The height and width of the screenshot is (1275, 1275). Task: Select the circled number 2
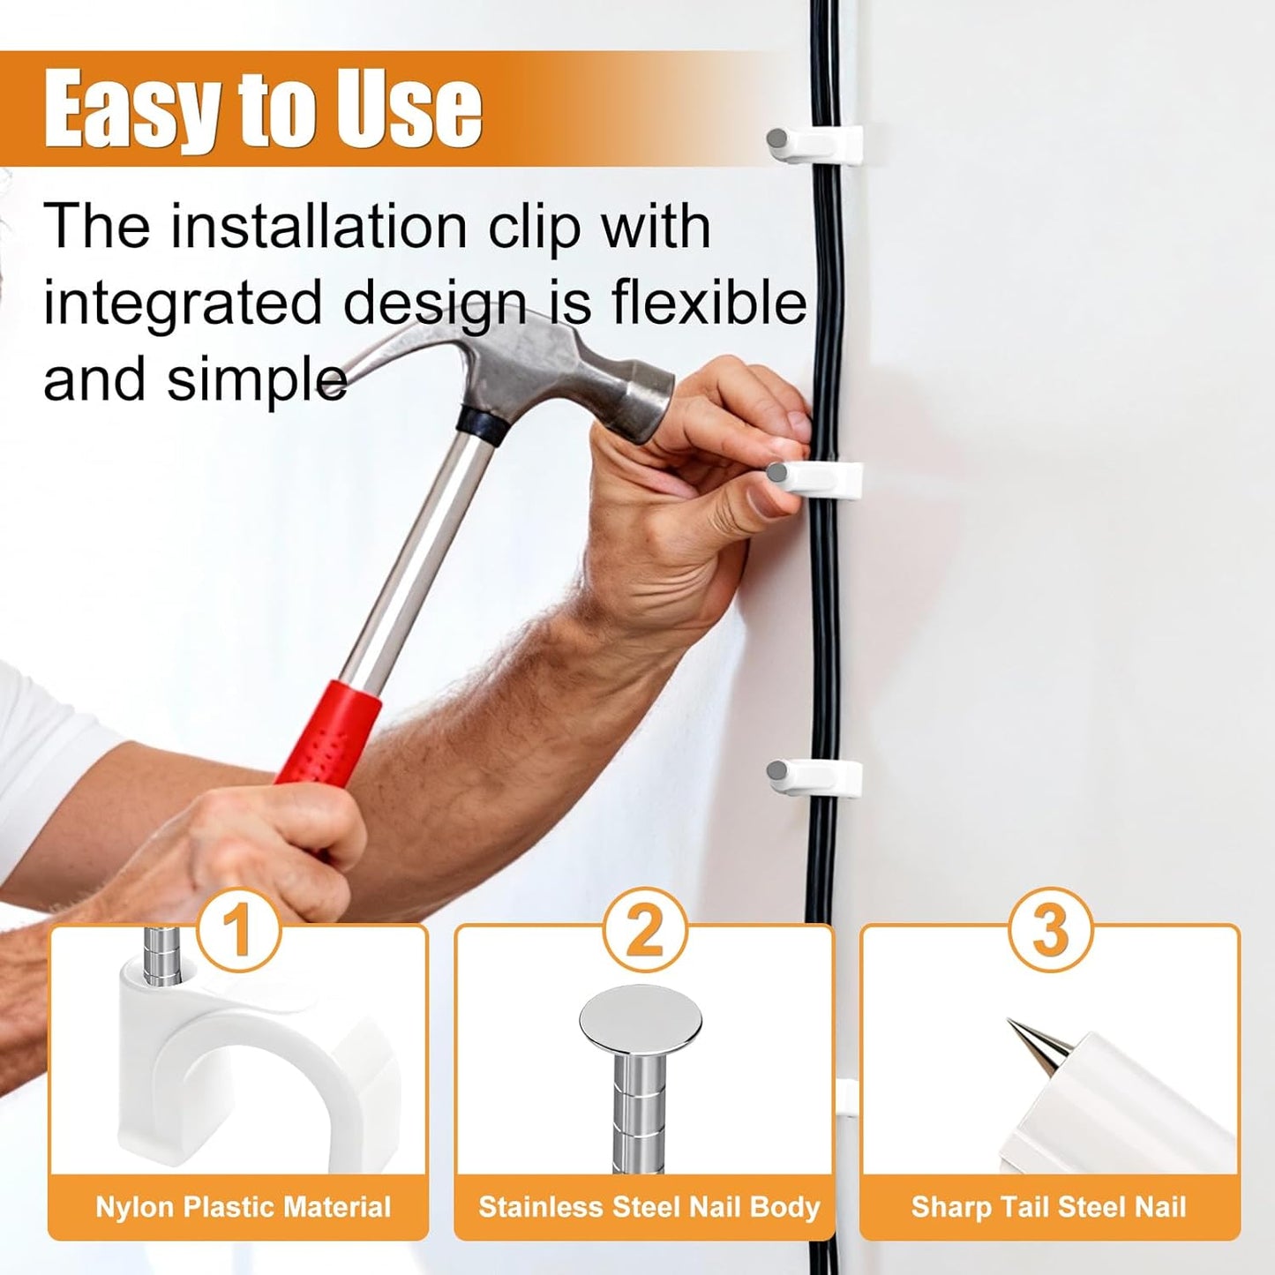click(x=645, y=931)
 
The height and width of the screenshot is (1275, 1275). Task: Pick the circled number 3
click(x=1051, y=931)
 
